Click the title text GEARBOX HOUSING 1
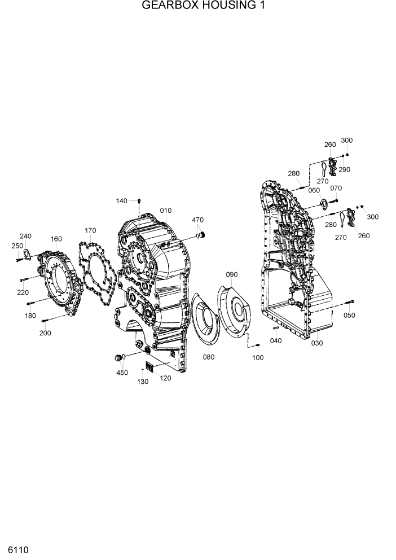coord(196,6)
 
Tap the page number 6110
coord(18,549)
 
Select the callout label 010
coord(165,211)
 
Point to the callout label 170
coord(90,230)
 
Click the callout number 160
coord(56,239)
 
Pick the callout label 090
coord(232,274)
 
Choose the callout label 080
coord(209,357)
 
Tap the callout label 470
coord(197,220)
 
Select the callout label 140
coord(122,201)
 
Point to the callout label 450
coord(122,372)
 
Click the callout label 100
coord(257,358)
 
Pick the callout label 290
coord(344,169)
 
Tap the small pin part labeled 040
coord(276,328)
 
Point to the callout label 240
coord(25,236)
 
